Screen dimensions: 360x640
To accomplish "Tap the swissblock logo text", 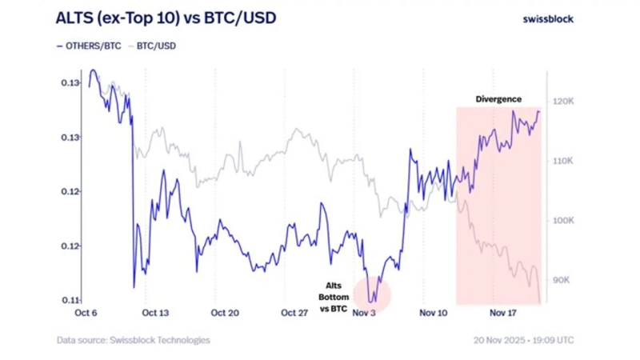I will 548,18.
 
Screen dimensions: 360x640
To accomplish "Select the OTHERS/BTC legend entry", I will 89,46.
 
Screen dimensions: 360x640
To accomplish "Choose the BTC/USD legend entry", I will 152,46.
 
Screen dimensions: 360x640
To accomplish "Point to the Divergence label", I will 498,99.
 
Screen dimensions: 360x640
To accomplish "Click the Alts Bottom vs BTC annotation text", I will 334,297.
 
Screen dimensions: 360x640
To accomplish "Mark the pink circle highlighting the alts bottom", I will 371,294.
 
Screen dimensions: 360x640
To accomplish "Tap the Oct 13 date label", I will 155,314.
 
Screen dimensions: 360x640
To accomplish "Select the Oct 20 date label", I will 225,314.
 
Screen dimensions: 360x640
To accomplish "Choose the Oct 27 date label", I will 294,314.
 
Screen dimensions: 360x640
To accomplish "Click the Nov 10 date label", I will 434,314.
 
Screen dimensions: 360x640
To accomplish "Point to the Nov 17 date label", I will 503,314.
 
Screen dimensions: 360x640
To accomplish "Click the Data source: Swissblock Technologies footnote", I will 133,340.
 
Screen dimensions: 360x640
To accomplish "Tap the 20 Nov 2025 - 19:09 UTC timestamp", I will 523,340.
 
